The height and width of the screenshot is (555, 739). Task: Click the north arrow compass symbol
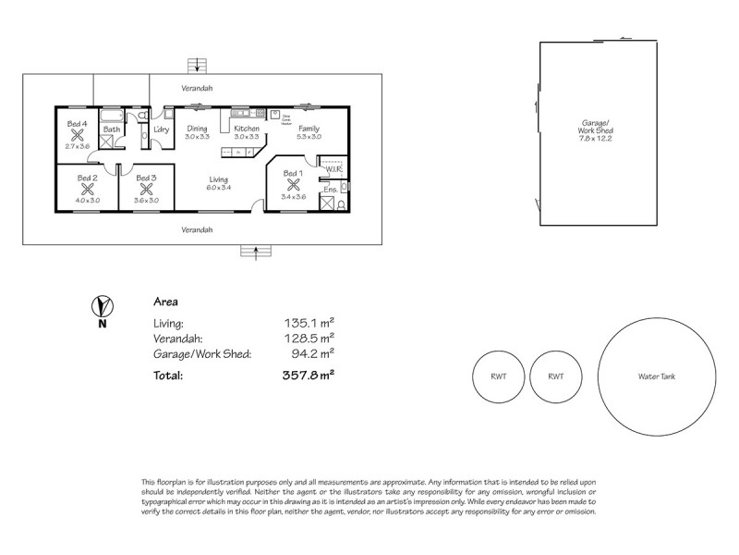[103, 305]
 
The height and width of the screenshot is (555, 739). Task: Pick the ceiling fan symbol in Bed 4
[77, 135]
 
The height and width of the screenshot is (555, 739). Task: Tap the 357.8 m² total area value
[307, 376]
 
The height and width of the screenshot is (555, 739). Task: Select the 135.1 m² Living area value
[309, 324]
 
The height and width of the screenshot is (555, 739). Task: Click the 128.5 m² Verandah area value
[309, 339]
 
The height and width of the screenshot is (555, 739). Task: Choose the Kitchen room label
[247, 129]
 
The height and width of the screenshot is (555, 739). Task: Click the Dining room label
[197, 129]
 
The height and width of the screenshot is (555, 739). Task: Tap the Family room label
[309, 129]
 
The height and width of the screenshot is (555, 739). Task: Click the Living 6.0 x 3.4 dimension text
[218, 188]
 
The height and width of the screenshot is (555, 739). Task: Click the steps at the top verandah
[197, 65]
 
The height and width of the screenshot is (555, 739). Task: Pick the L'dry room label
[162, 129]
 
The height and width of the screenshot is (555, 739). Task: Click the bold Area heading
[165, 302]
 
